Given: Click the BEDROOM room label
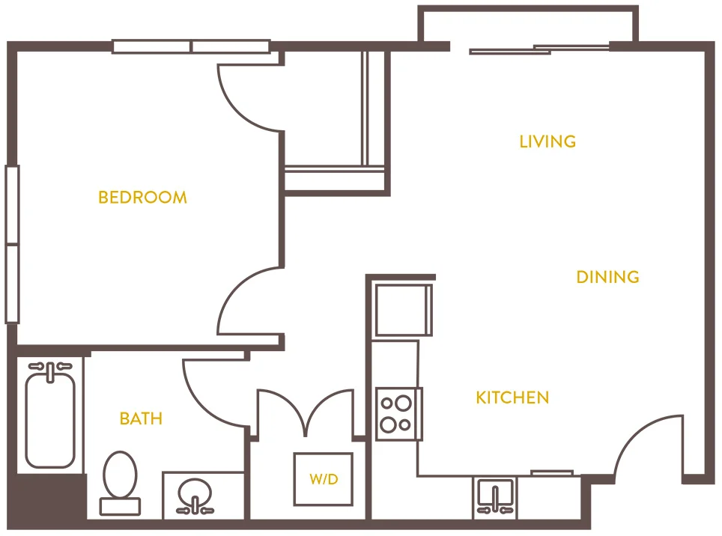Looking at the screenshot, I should click(142, 198).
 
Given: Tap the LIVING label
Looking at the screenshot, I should click(547, 141).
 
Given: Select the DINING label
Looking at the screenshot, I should click(607, 277).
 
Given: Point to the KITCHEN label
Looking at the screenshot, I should click(512, 398).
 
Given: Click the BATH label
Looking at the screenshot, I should click(141, 418).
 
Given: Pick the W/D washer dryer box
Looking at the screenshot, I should click(323, 479).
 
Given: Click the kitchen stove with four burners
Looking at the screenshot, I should click(398, 413).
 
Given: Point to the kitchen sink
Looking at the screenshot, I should click(495, 496).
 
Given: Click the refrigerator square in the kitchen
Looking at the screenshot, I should click(403, 309).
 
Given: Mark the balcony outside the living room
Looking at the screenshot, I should click(528, 26).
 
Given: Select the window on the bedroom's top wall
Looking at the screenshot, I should click(191, 46).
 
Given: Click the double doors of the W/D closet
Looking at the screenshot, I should click(306, 412).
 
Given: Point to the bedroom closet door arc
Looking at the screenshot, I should click(247, 97).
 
